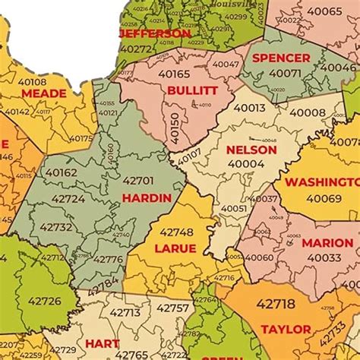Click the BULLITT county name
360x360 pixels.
click(192, 90)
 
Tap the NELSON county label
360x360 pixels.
click(251, 150)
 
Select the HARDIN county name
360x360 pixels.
click(146, 197)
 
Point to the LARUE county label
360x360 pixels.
click(175, 248)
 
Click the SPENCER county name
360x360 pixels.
click(281, 58)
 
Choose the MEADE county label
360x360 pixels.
click(43, 93)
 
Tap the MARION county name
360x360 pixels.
click(327, 243)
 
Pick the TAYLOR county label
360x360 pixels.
click(286, 330)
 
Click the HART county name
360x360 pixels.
click(102, 343)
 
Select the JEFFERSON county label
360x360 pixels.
click(156, 34)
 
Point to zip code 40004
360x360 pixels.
click(246, 163)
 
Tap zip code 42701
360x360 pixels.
click(137, 182)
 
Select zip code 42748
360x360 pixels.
click(176, 232)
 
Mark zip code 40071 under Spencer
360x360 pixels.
click(286, 73)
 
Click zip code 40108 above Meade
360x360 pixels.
click(31, 81)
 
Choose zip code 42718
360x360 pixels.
click(275, 304)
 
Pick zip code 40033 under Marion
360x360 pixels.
click(324, 257)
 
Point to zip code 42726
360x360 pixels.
click(45, 301)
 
